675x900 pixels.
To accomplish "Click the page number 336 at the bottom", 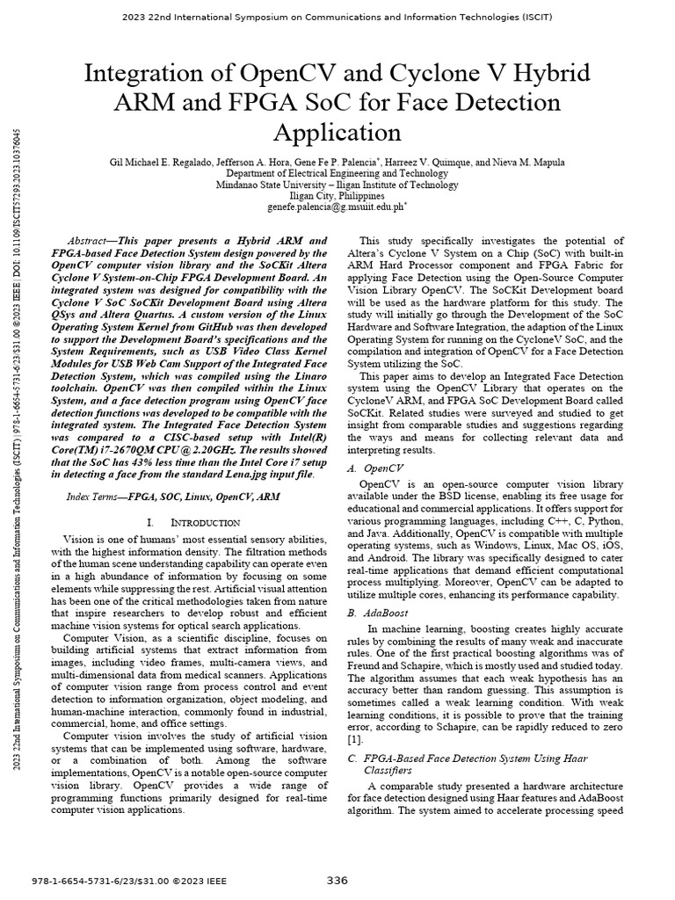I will [x=337, y=881].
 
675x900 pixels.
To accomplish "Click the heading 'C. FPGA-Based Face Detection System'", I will [x=468, y=758].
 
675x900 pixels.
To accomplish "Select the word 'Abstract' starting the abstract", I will [x=91, y=241].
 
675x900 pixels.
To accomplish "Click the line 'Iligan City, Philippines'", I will [x=337, y=197].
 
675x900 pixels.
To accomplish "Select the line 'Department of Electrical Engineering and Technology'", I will [x=337, y=174].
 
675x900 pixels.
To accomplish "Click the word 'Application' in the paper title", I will [x=337, y=133].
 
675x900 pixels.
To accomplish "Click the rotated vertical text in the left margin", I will [x=18, y=439].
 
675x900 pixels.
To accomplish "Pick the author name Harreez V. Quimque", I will [x=420, y=163].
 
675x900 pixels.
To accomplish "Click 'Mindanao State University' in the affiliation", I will [x=275, y=185].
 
